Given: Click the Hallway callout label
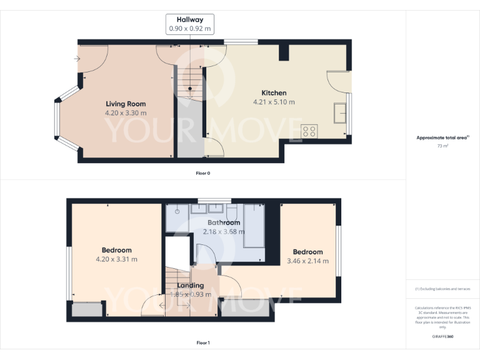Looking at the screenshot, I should pyautogui.click(x=190, y=24).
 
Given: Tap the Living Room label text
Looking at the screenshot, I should pyautogui.click(x=126, y=104).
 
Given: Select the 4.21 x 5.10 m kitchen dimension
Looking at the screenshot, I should pyautogui.click(x=274, y=102).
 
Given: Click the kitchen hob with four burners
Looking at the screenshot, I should pyautogui.click(x=309, y=131).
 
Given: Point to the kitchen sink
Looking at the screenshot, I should pyautogui.click(x=341, y=113).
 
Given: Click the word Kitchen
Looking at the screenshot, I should pyautogui.click(x=274, y=92).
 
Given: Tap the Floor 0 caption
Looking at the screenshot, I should pyautogui.click(x=203, y=172).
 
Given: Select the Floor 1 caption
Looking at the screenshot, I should pyautogui.click(x=203, y=342).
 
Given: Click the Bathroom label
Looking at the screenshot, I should pyautogui.click(x=224, y=222).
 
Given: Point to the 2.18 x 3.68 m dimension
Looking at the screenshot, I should pyautogui.click(x=224, y=232).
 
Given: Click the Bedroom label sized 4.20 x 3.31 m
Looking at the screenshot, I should pyautogui.click(x=116, y=250).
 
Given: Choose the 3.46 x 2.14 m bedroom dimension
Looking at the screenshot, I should pyautogui.click(x=307, y=261).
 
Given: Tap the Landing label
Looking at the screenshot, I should pyautogui.click(x=190, y=286).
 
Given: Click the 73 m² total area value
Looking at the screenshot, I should pyautogui.click(x=443, y=146).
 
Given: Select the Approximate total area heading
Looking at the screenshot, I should pyautogui.click(x=442, y=137).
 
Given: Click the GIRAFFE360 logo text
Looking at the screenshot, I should pyautogui.click(x=443, y=336).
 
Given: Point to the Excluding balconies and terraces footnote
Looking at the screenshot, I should pyautogui.click(x=443, y=289).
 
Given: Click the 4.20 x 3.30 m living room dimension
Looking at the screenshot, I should pyautogui.click(x=126, y=113).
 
